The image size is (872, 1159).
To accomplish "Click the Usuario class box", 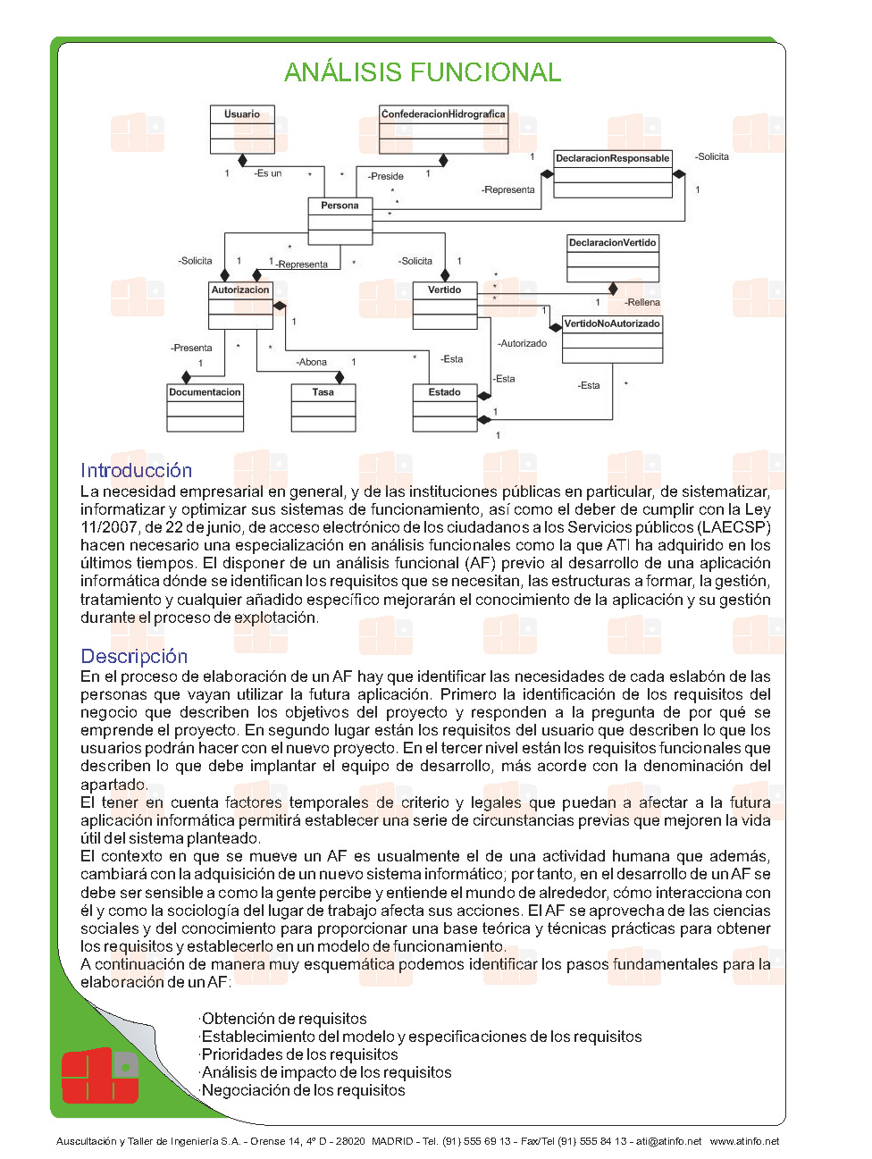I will tap(242, 130).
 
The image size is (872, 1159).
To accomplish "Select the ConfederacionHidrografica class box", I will tap(443, 130).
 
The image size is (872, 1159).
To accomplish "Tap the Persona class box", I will tap(340, 221).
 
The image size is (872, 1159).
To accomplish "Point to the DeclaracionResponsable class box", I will tap(612, 173).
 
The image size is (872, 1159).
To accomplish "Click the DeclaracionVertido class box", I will tap(613, 258).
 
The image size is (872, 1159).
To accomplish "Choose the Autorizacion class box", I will tap(240, 306).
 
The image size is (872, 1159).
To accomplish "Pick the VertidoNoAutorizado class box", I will tap(612, 340).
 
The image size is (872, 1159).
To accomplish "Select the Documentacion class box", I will tap(205, 407).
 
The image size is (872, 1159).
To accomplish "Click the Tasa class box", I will tap(323, 407).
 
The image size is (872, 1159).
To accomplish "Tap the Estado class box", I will tap(445, 407).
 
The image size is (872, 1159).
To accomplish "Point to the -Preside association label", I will tap(386, 176).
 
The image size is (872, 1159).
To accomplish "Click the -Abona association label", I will tap(312, 362).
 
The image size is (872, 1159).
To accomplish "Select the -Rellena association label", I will tap(642, 302).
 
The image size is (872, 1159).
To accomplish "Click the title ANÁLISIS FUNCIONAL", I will tap(423, 72).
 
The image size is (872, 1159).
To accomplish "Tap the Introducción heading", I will tap(136, 470).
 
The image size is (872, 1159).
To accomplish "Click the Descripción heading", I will tap(134, 656).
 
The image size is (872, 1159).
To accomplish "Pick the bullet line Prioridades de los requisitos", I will tap(299, 1054).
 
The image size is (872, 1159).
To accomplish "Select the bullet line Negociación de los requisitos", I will tap(303, 1090).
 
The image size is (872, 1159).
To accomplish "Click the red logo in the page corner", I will tap(100, 1075).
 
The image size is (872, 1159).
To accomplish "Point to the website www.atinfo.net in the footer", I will tap(744, 1141).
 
